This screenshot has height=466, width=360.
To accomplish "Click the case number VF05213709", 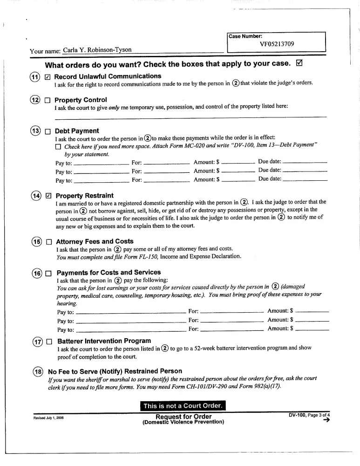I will coord(277,44).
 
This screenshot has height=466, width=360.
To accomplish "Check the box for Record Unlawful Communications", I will coord(48,77).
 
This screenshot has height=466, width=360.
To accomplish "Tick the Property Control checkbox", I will coord(48,100).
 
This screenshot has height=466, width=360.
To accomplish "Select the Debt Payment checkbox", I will coord(48,131).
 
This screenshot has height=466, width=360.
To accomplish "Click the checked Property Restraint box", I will coord(48,196).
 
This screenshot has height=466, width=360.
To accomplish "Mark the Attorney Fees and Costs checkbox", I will coord(48,242).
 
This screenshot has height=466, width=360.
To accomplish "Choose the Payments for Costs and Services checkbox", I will coord(48,273).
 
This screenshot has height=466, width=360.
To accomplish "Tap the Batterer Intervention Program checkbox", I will coord(49,342).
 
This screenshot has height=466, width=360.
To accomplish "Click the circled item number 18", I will coord(37,372).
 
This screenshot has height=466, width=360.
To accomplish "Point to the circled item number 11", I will coord(34,77).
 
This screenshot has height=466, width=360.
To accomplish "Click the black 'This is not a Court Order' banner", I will coord(183,406).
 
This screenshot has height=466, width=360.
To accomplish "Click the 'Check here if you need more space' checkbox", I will coord(58,147).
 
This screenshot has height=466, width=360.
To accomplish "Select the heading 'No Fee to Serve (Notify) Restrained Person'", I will coord(115,371).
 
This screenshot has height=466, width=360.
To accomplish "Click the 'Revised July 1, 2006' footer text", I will coord(47,417).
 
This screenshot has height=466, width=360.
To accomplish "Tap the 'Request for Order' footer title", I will coord(183,417).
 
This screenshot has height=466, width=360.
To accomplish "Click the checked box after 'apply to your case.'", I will coord(299,63).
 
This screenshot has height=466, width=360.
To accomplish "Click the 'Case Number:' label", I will coord(245,36).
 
